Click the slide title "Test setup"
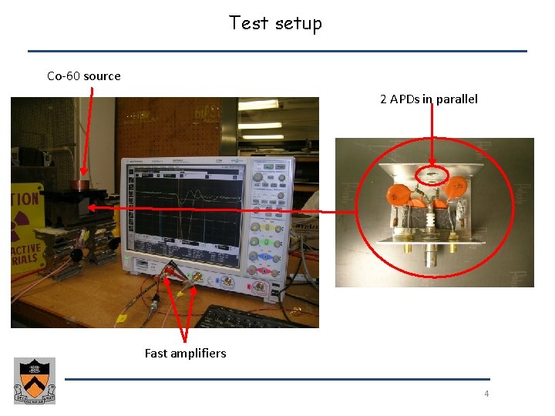[x=275, y=23]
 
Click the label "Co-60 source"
[x=84, y=75]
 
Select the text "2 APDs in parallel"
[x=429, y=99]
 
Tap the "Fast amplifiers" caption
[x=185, y=353]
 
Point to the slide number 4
[x=486, y=394]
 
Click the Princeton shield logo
[x=35, y=381]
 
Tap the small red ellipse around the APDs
[x=432, y=176]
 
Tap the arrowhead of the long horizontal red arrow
[x=92, y=208]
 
